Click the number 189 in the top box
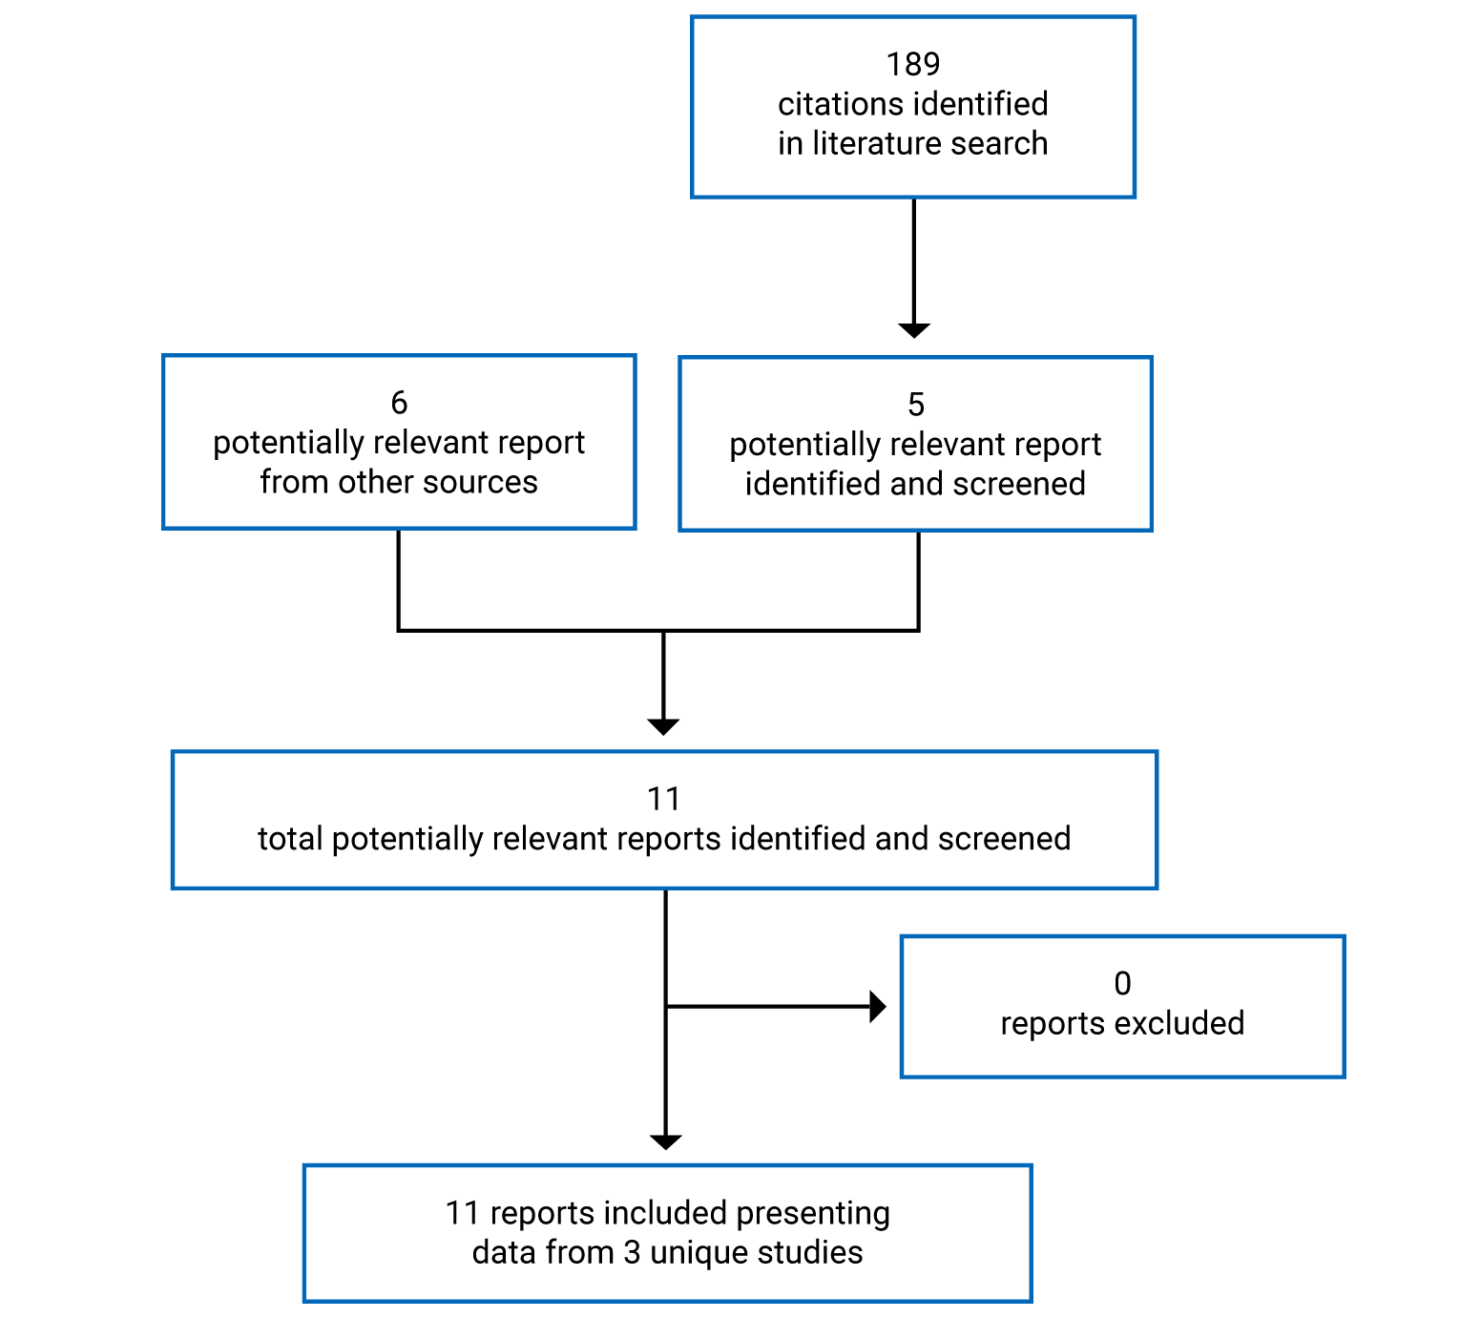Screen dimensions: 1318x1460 [x=912, y=64]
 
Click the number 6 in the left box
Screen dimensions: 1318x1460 [x=399, y=403]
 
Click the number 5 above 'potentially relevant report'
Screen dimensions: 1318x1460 [x=915, y=405]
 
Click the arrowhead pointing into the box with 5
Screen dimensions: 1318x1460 [x=914, y=330]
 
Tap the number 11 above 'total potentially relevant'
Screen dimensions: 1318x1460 [x=663, y=799]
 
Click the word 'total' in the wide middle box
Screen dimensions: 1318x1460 [x=290, y=839]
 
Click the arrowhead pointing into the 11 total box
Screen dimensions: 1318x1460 [x=663, y=726]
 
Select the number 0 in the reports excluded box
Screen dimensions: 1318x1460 [x=1122, y=983]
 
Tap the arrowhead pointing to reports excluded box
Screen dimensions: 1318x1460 [x=878, y=1006]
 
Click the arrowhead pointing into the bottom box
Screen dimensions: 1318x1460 [x=665, y=1141]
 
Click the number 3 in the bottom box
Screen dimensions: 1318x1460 [x=632, y=1252]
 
